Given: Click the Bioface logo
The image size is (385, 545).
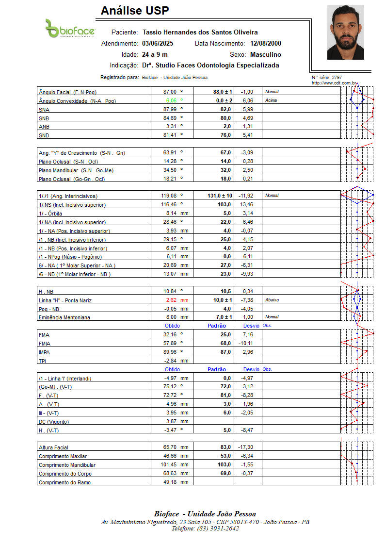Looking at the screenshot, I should [x=70, y=29].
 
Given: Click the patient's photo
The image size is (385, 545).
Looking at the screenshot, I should [x=345, y=32].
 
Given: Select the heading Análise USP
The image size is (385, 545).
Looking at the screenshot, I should [x=135, y=11].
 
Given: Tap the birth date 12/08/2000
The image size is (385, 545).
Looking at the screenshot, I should [x=266, y=43].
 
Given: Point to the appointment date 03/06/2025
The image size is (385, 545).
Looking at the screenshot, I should [x=158, y=43].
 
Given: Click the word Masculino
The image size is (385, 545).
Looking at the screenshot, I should [x=265, y=54].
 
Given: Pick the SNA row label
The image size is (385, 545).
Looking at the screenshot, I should [x=44, y=110].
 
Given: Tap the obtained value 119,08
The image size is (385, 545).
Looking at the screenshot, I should [x=171, y=196].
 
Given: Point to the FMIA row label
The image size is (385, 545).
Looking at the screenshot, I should [x=44, y=344].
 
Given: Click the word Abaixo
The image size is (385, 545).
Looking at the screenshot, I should [x=272, y=300].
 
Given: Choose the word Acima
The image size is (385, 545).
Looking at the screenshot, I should [x=271, y=100].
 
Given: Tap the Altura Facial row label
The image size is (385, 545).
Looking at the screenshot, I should [x=53, y=447].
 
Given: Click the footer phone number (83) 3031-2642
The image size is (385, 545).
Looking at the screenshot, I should [x=205, y=528].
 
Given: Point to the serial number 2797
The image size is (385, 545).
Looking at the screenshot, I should [x=337, y=78].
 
